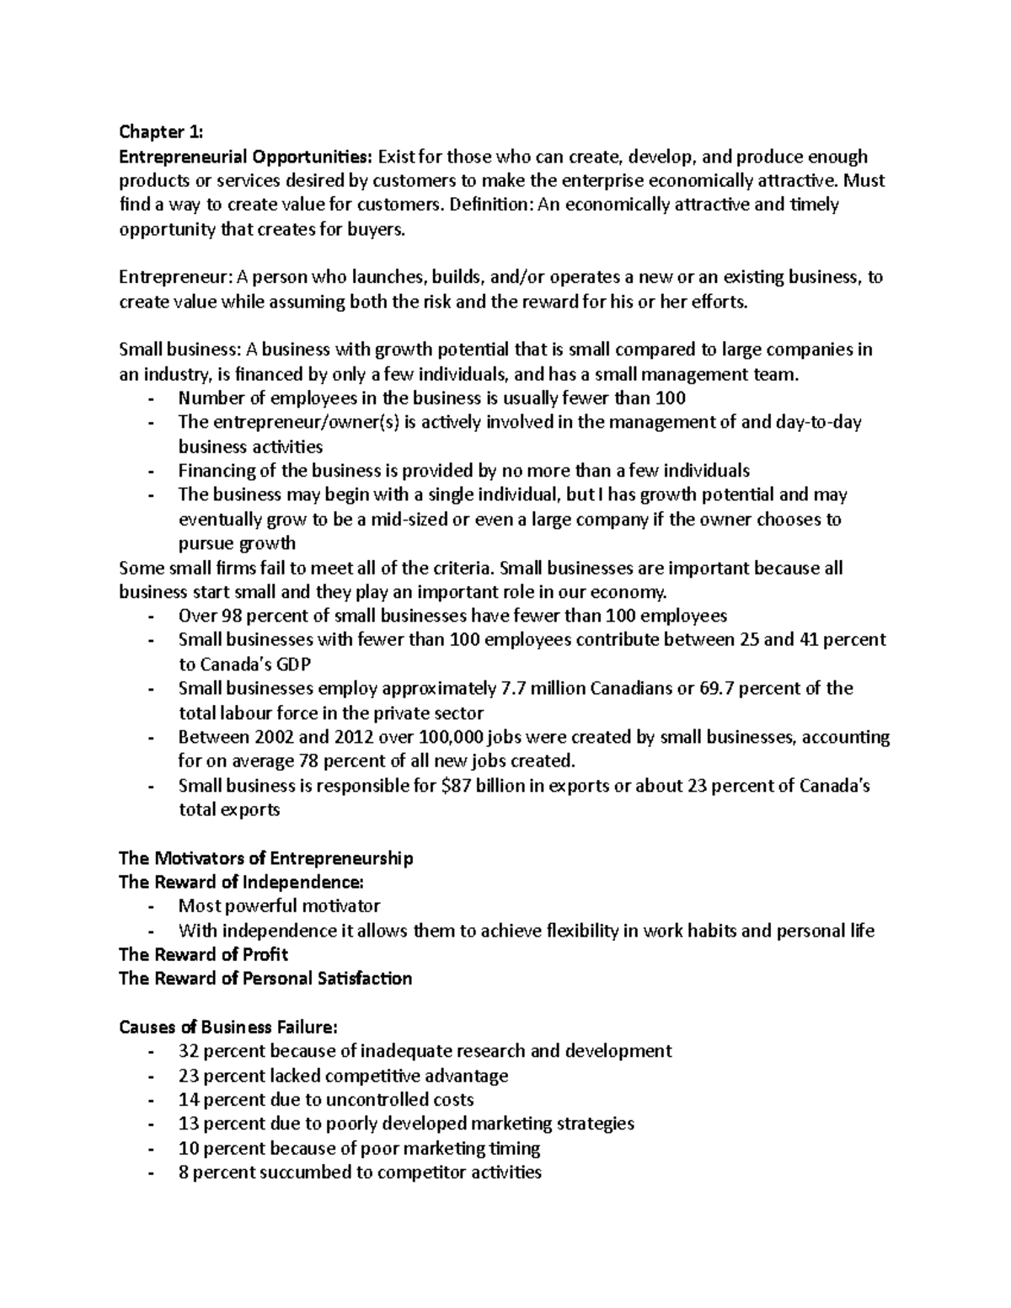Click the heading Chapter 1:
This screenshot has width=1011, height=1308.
pyautogui.click(x=161, y=132)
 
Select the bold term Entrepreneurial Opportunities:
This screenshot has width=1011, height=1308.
pyautogui.click(x=244, y=157)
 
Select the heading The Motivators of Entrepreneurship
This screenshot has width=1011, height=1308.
pyautogui.click(x=266, y=858)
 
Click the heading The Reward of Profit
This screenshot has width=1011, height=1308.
pyautogui.click(x=203, y=954)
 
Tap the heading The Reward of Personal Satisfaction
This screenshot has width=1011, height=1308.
pyautogui.click(x=265, y=979)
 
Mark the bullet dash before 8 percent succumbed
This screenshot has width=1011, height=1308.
pyautogui.click(x=151, y=1172)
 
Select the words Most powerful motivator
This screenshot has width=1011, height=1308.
pyautogui.click(x=279, y=906)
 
